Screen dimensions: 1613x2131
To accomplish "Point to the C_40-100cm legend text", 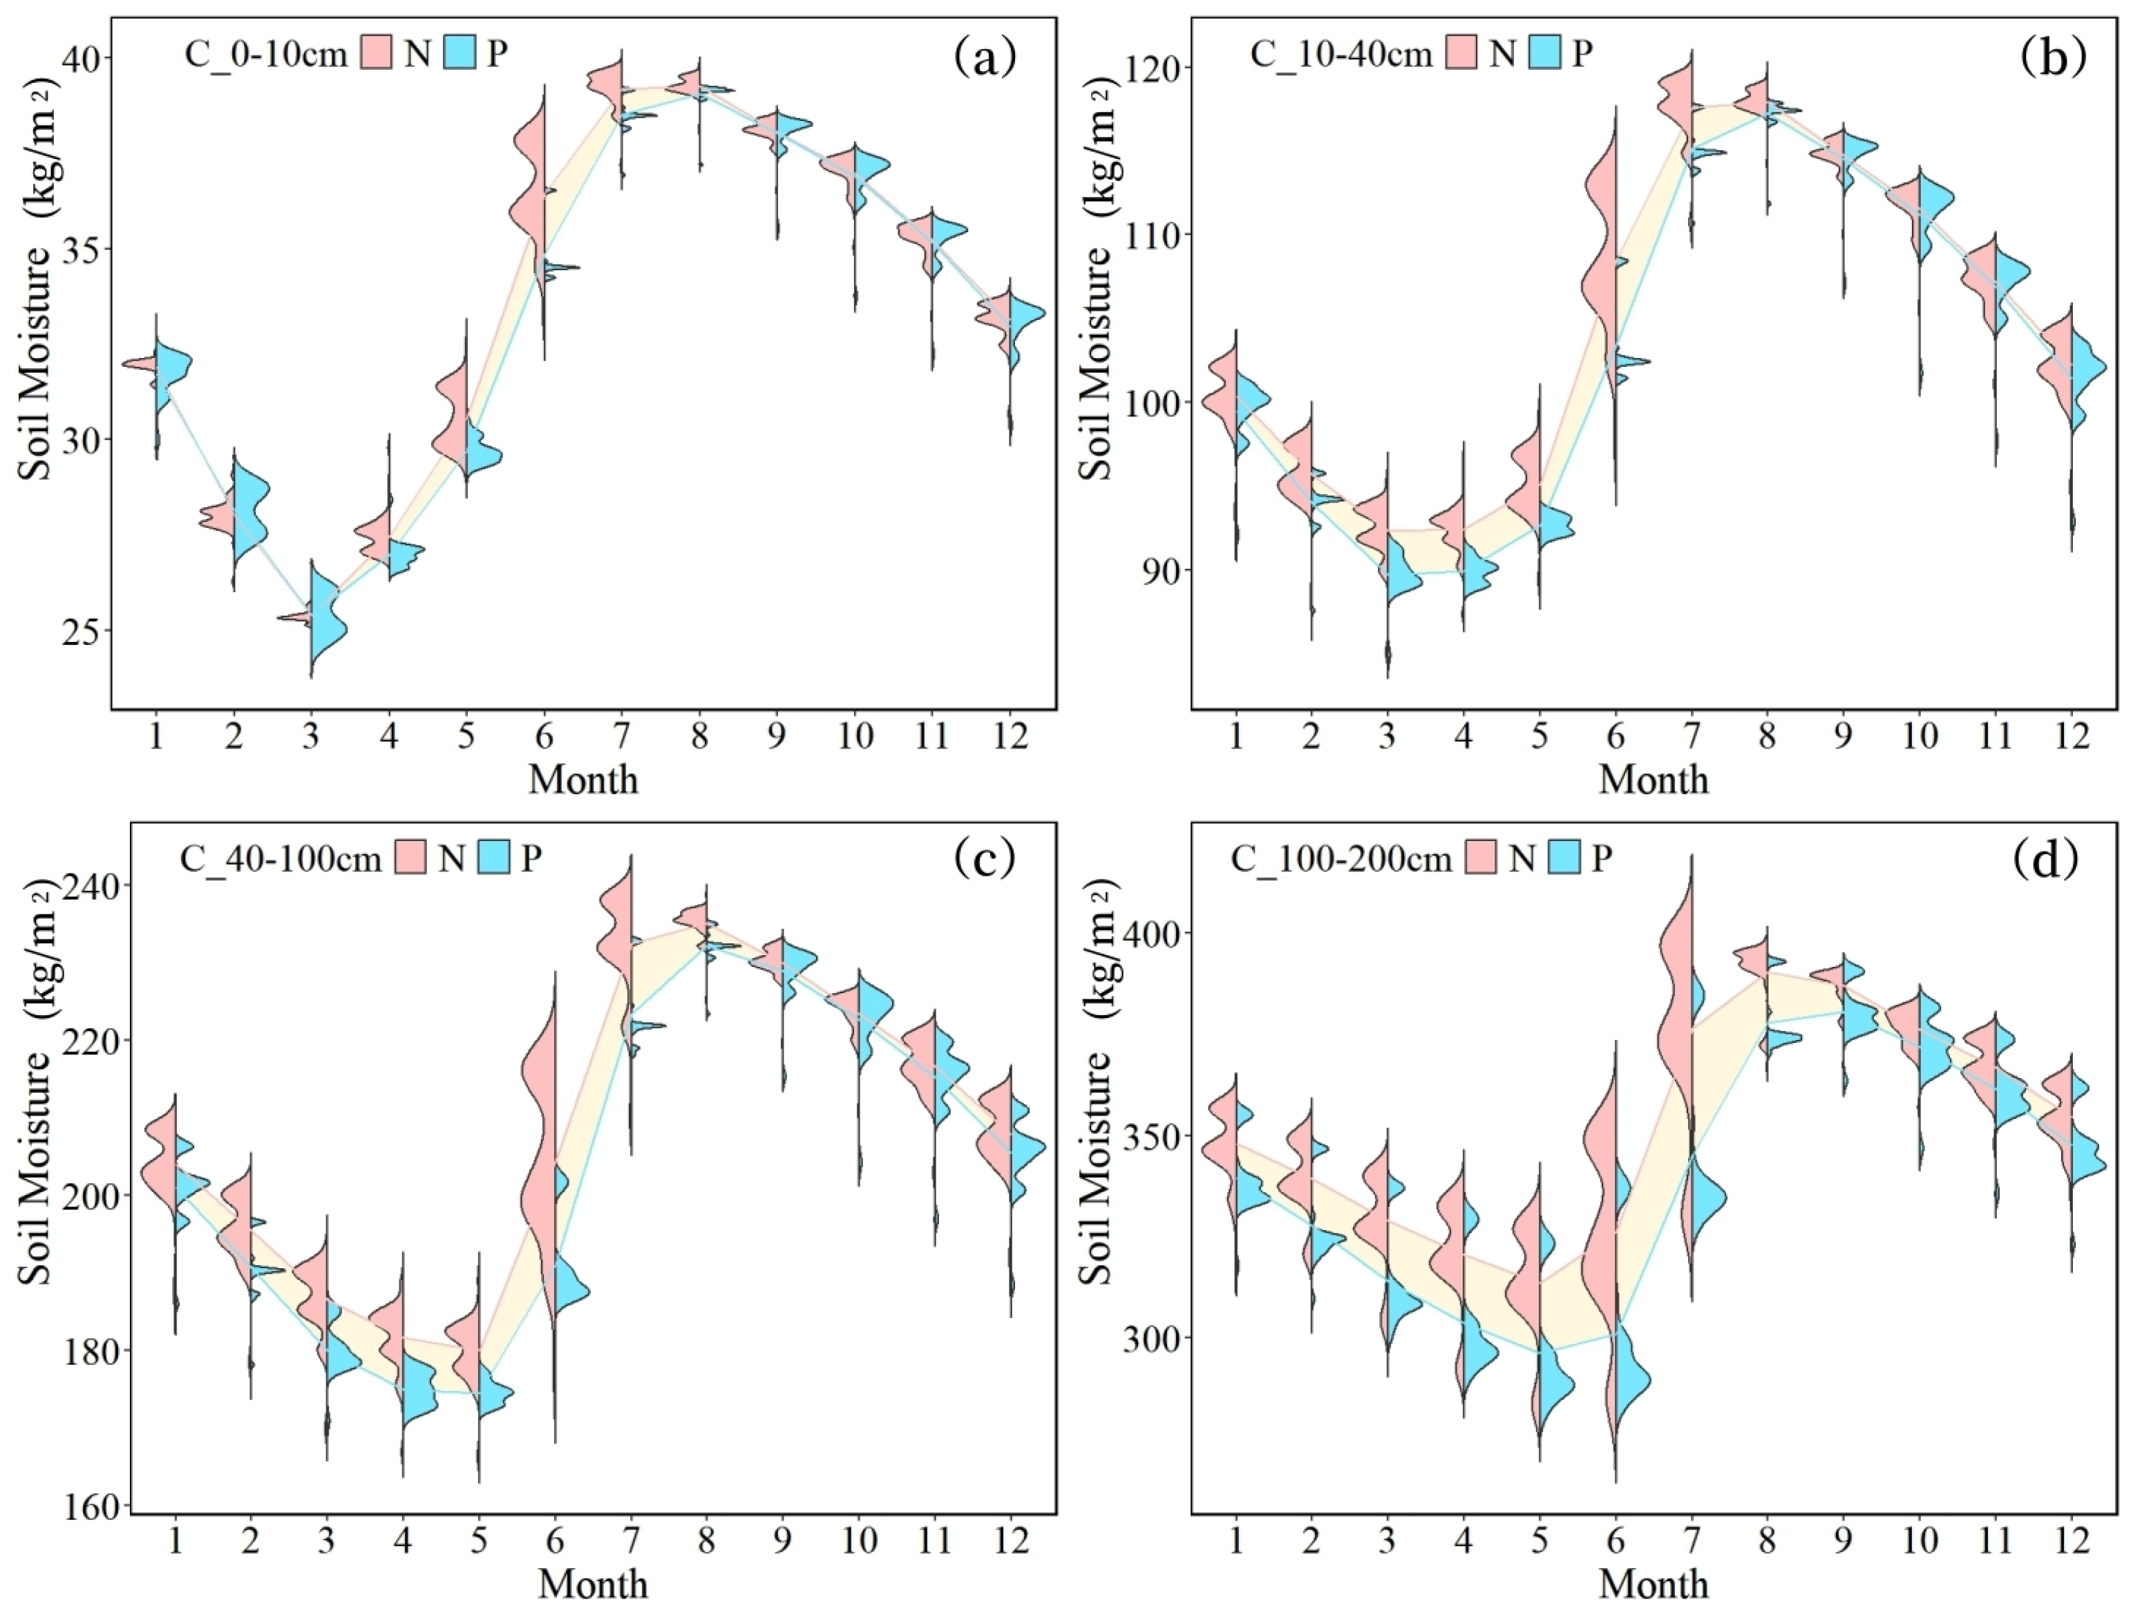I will click(281, 857).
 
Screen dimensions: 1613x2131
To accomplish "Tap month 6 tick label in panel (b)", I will click(1616, 735).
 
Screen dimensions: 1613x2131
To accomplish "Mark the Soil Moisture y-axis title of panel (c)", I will click(35, 1166).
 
